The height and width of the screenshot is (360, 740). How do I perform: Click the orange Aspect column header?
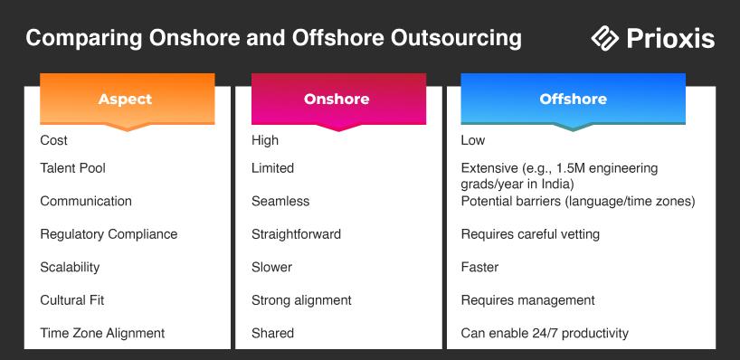(128, 99)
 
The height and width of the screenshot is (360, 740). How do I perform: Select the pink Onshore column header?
(338, 99)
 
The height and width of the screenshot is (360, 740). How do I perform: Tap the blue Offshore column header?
(573, 99)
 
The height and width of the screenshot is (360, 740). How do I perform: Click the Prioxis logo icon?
(605, 38)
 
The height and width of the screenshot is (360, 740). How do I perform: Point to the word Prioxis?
(670, 38)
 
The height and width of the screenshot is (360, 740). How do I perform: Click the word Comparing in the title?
(84, 39)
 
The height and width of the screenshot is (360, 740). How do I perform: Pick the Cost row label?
(53, 140)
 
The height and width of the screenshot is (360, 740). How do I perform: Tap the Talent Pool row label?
(72, 168)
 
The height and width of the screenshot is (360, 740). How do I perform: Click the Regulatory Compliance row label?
(109, 234)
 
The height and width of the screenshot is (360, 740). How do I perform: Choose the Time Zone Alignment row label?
(102, 333)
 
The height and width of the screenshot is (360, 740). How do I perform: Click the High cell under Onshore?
(265, 140)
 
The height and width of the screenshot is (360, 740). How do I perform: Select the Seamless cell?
(280, 201)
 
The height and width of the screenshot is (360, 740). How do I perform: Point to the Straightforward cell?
(296, 234)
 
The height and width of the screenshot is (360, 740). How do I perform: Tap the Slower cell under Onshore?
(271, 267)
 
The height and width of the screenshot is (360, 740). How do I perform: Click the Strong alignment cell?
(301, 300)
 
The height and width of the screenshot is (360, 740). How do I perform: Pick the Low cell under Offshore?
(473, 140)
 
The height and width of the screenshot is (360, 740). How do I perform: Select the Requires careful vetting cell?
(530, 234)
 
